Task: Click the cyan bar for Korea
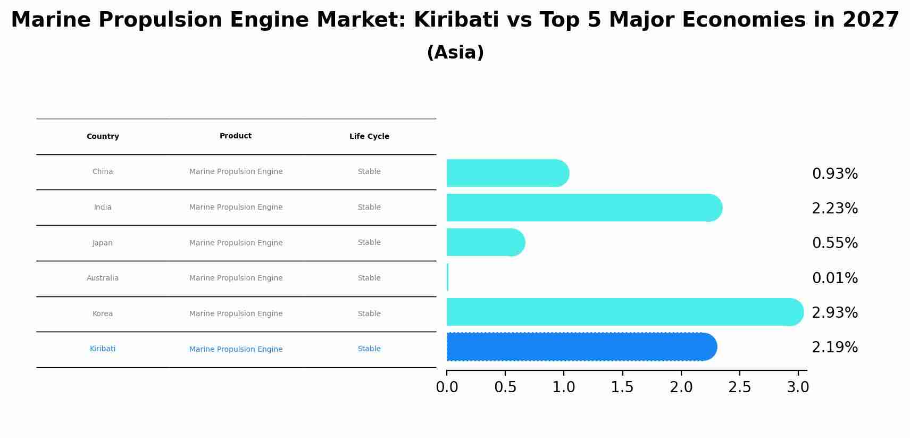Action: (x=622, y=312)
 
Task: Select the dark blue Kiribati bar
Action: (x=580, y=346)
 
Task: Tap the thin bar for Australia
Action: (x=447, y=277)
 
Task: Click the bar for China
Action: (x=505, y=173)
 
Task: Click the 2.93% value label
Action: (x=834, y=312)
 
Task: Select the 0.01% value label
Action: (x=834, y=278)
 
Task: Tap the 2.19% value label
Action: (x=834, y=347)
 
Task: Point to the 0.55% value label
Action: (x=834, y=243)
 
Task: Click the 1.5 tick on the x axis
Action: (x=622, y=387)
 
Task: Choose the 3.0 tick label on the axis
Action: (x=798, y=387)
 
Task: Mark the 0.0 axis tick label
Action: (x=447, y=387)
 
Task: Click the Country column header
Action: (x=103, y=136)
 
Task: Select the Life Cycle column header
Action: (x=369, y=136)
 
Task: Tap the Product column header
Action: (x=236, y=136)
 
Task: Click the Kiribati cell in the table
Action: (x=103, y=349)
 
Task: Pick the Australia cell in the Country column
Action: (x=103, y=278)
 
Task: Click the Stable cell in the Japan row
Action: (x=369, y=242)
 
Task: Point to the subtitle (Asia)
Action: (x=455, y=52)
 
